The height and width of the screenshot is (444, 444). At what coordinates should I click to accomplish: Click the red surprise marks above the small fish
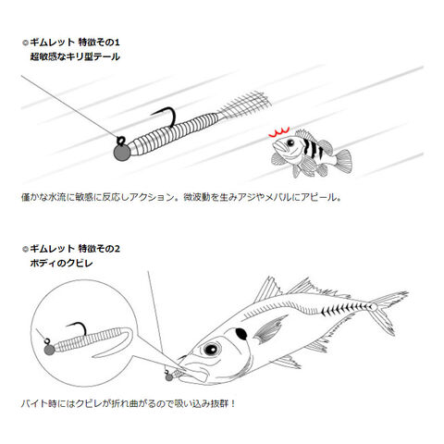[278, 132]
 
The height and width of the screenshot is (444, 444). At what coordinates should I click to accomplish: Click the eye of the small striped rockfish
[290, 142]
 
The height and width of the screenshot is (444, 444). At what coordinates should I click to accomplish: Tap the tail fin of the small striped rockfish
[343, 160]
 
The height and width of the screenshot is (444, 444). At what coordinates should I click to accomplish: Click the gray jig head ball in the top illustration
[122, 153]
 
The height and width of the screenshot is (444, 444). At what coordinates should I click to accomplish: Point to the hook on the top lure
[165, 116]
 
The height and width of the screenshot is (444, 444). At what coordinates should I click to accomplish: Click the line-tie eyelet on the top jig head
[120, 141]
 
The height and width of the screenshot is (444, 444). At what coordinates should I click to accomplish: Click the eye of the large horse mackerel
[212, 349]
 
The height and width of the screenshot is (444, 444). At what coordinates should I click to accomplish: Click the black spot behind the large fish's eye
[241, 334]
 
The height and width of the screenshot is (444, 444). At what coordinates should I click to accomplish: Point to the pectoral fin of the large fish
[269, 329]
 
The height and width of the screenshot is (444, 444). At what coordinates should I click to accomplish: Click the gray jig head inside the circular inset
[50, 350]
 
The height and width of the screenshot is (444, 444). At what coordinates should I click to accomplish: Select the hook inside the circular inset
[77, 328]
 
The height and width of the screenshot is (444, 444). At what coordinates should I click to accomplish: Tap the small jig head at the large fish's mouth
[169, 376]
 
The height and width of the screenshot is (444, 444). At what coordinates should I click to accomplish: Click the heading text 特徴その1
[99, 43]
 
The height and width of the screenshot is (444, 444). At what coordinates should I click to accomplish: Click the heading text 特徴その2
[99, 249]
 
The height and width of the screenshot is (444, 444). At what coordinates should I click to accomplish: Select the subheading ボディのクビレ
[61, 264]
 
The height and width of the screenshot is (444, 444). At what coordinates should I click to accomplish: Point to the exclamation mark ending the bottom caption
[233, 403]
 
